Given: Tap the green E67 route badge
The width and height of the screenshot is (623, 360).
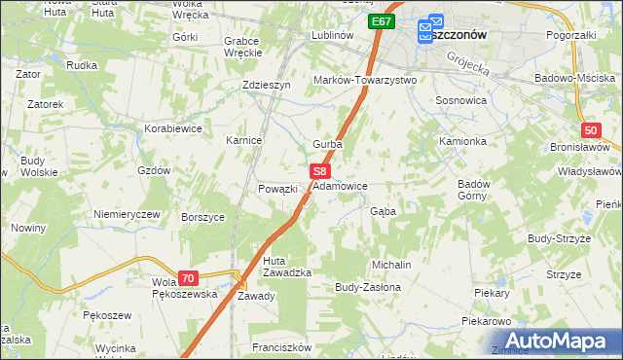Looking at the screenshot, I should pyautogui.click(x=382, y=20).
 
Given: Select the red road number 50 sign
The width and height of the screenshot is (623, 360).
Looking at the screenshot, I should pyautogui.click(x=591, y=129).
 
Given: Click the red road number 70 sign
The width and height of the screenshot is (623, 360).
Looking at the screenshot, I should pyautogui.click(x=188, y=277).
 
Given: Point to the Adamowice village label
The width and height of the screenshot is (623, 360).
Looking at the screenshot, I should pyautogui.click(x=340, y=185).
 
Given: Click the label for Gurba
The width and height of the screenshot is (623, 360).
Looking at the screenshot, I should pyautogui.click(x=327, y=144).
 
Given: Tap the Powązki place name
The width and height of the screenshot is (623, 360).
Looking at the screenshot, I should pyautogui.click(x=276, y=189).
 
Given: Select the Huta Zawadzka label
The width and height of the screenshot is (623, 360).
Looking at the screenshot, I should pyautogui.click(x=286, y=267).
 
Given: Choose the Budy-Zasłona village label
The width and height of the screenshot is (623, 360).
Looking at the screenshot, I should pyautogui.click(x=367, y=288).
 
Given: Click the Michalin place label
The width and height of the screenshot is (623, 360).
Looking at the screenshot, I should pyautogui.click(x=392, y=265).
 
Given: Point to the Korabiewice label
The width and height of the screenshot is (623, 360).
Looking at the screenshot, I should pyautogui.click(x=172, y=127).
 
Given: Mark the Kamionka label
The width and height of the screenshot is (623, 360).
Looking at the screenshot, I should pyautogui.click(x=461, y=141).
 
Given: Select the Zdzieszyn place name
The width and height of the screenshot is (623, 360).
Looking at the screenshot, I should pyautogui.click(x=267, y=85).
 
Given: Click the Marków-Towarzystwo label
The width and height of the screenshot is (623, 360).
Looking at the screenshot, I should pyautogui.click(x=364, y=80).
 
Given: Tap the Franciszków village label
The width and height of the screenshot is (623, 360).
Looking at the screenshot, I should pyautogui.click(x=280, y=347).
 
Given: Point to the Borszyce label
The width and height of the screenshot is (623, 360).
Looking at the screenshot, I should pyautogui.click(x=203, y=217).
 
